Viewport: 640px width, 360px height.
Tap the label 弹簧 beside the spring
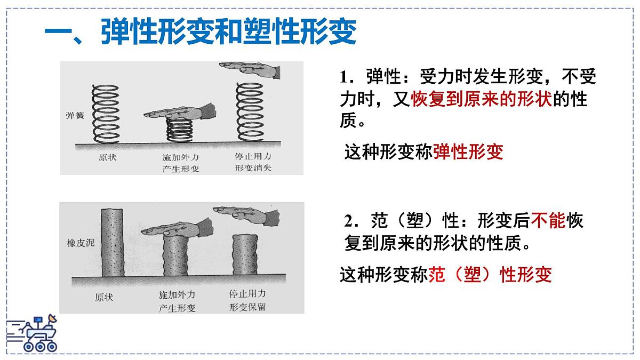pyautogui.click(x=75, y=115)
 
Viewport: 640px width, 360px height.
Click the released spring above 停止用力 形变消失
pyautogui.click(x=251, y=114)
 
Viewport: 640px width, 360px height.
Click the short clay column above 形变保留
pyautogui.click(x=245, y=255)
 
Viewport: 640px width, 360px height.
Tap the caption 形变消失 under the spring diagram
pyautogui.click(x=253, y=169)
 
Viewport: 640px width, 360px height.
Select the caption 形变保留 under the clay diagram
pyautogui.click(x=247, y=307)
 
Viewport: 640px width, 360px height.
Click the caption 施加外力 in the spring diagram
pyautogui.click(x=180, y=158)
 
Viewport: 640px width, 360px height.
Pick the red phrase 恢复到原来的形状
pyautogui.click(x=481, y=99)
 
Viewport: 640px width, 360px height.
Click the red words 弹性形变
pyautogui.click(x=468, y=153)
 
